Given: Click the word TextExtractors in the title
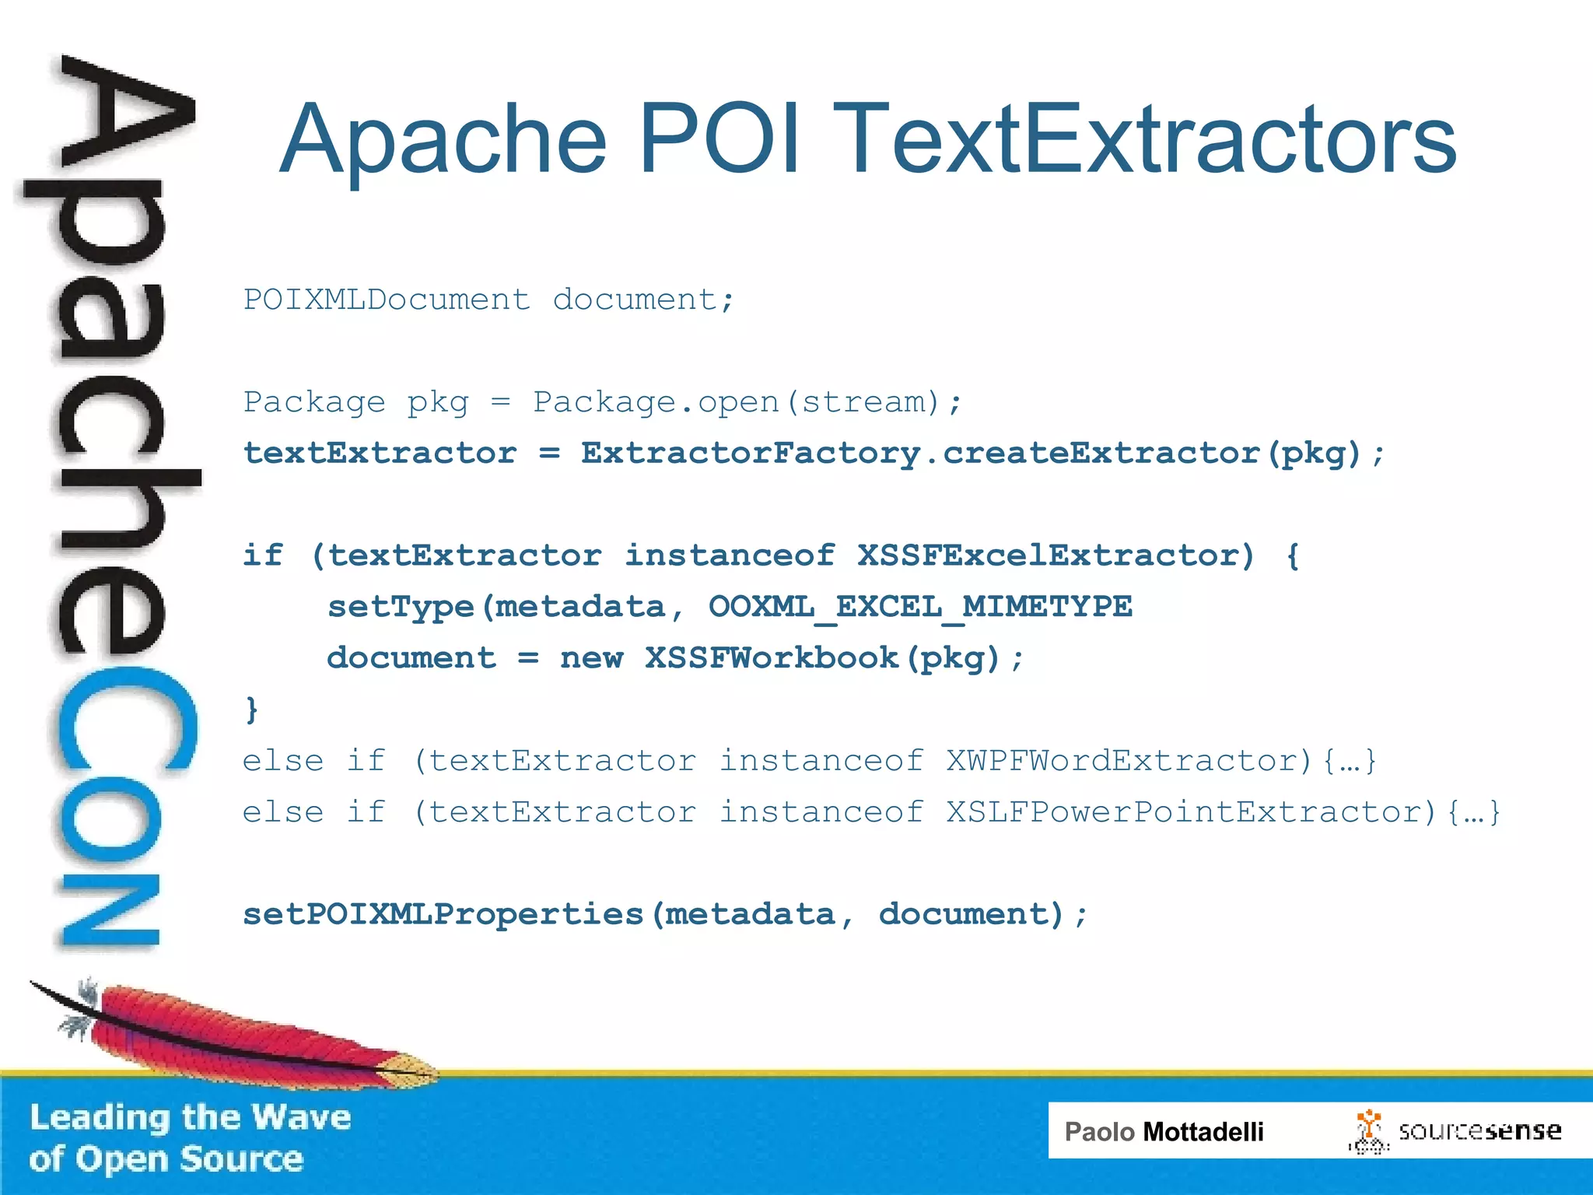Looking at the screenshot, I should [x=1147, y=140].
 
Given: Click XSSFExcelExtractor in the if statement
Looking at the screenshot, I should [x=1056, y=555].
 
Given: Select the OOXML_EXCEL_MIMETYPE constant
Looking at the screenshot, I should [x=919, y=607].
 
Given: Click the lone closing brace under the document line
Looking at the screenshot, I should [x=251, y=710].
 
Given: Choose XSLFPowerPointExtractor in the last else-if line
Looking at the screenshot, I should [x=1191, y=812].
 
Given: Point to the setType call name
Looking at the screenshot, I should [x=401, y=607].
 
